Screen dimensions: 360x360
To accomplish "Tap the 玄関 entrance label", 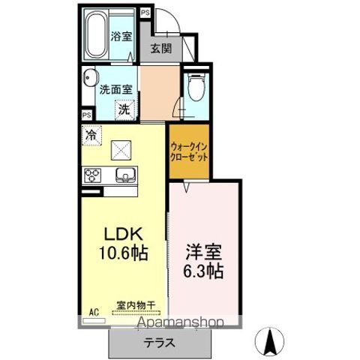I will click(x=159, y=49).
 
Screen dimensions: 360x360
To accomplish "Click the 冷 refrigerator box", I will click(x=91, y=136).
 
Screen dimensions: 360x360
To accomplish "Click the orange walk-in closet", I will click(x=188, y=153).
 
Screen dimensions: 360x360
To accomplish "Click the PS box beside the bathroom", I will click(x=144, y=13).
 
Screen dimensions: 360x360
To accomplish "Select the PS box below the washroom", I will click(x=87, y=114).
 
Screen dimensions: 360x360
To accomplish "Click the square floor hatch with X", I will click(x=121, y=149).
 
